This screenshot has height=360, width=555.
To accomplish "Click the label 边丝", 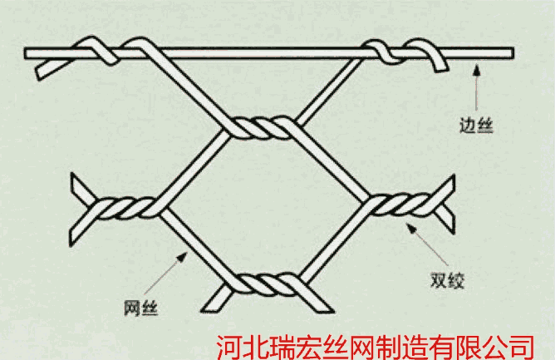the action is (476, 126).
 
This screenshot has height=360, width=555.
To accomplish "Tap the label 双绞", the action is (447, 280).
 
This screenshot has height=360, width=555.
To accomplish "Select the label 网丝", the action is (140, 308).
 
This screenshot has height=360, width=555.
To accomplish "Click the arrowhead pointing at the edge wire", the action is (477, 70).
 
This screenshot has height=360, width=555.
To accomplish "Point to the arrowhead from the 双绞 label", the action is (411, 228).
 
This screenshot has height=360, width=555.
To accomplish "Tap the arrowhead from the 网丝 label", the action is (182, 257).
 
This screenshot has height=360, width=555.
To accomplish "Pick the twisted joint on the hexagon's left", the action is (126, 208).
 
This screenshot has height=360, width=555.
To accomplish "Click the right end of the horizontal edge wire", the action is (513, 53).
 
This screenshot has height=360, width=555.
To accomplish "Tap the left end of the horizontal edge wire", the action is (24, 53).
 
